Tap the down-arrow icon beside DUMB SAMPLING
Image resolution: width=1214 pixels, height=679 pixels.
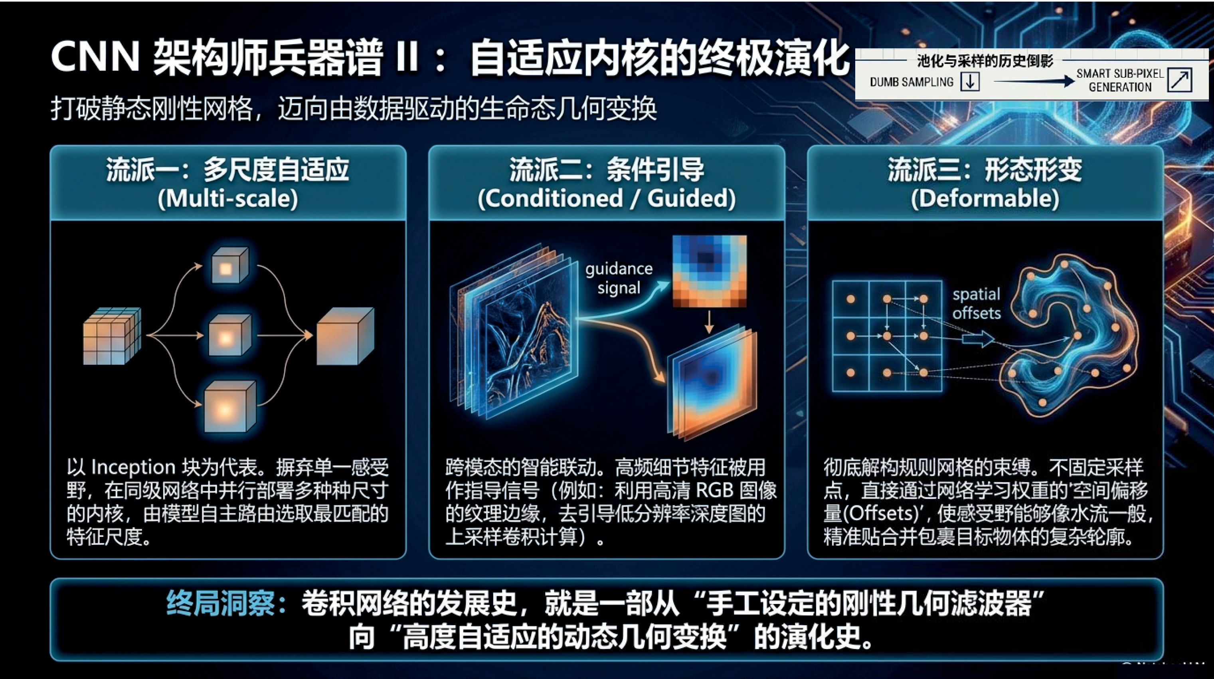(970, 81)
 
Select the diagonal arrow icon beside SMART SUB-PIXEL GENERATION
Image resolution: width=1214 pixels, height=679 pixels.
(1180, 80)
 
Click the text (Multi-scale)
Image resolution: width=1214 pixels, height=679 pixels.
(227, 198)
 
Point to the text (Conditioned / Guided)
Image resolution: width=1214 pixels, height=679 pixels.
(607, 198)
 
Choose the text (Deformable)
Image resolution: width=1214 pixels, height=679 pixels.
(985, 198)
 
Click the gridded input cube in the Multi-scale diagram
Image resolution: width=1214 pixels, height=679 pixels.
(112, 336)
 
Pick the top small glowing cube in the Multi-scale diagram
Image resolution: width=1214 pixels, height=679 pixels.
(229, 265)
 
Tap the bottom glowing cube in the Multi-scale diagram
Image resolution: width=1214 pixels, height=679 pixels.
(229, 406)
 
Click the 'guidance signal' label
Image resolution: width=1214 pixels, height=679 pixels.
(619, 278)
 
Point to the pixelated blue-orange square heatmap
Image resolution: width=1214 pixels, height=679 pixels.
(709, 271)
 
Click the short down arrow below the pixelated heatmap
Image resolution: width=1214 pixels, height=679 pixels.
(709, 322)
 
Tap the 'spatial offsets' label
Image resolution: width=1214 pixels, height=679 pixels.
(977, 304)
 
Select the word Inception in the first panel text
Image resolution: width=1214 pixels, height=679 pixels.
(133, 467)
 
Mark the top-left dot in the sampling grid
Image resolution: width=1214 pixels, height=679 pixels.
(851, 299)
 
